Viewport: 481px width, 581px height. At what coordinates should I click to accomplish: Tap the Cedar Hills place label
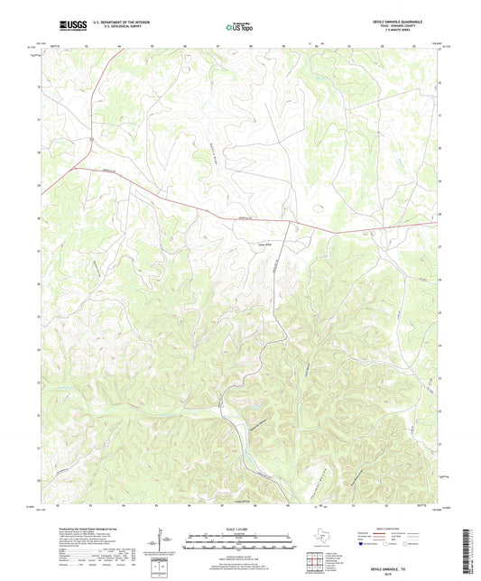pyautogui.click(x=267, y=241)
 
